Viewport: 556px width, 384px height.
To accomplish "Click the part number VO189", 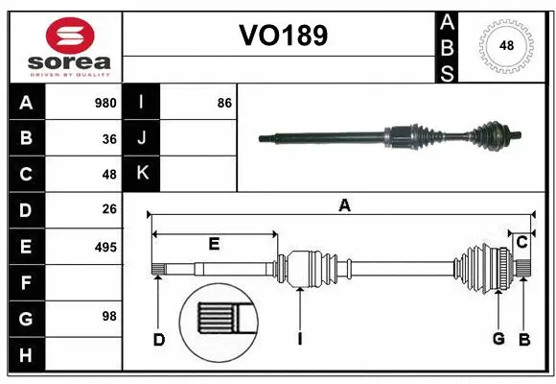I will [x=283, y=36].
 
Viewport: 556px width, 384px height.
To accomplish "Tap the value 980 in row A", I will [x=105, y=103].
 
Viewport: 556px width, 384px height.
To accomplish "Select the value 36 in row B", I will [x=109, y=138].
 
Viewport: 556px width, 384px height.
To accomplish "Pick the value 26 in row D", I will [x=109, y=209].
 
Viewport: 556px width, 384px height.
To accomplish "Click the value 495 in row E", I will [x=105, y=247].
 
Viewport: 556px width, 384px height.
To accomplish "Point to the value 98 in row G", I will [x=109, y=316].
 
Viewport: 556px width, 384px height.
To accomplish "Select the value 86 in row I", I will [x=225, y=103].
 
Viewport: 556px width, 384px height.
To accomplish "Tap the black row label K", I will [x=143, y=173].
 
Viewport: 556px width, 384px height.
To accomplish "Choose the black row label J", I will [x=143, y=138].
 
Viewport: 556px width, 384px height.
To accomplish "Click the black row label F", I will [x=26, y=282].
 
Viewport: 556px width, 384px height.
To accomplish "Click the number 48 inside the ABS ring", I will [x=505, y=44].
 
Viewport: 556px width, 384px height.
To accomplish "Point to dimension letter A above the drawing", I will [x=343, y=204].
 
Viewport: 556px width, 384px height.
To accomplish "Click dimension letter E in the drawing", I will [x=214, y=245].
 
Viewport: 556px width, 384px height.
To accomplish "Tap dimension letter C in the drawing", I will [x=521, y=243].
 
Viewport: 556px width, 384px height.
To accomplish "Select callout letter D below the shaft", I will [x=159, y=338].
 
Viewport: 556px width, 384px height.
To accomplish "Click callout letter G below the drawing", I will [x=498, y=338].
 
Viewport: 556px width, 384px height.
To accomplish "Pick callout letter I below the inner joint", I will [x=300, y=338].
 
